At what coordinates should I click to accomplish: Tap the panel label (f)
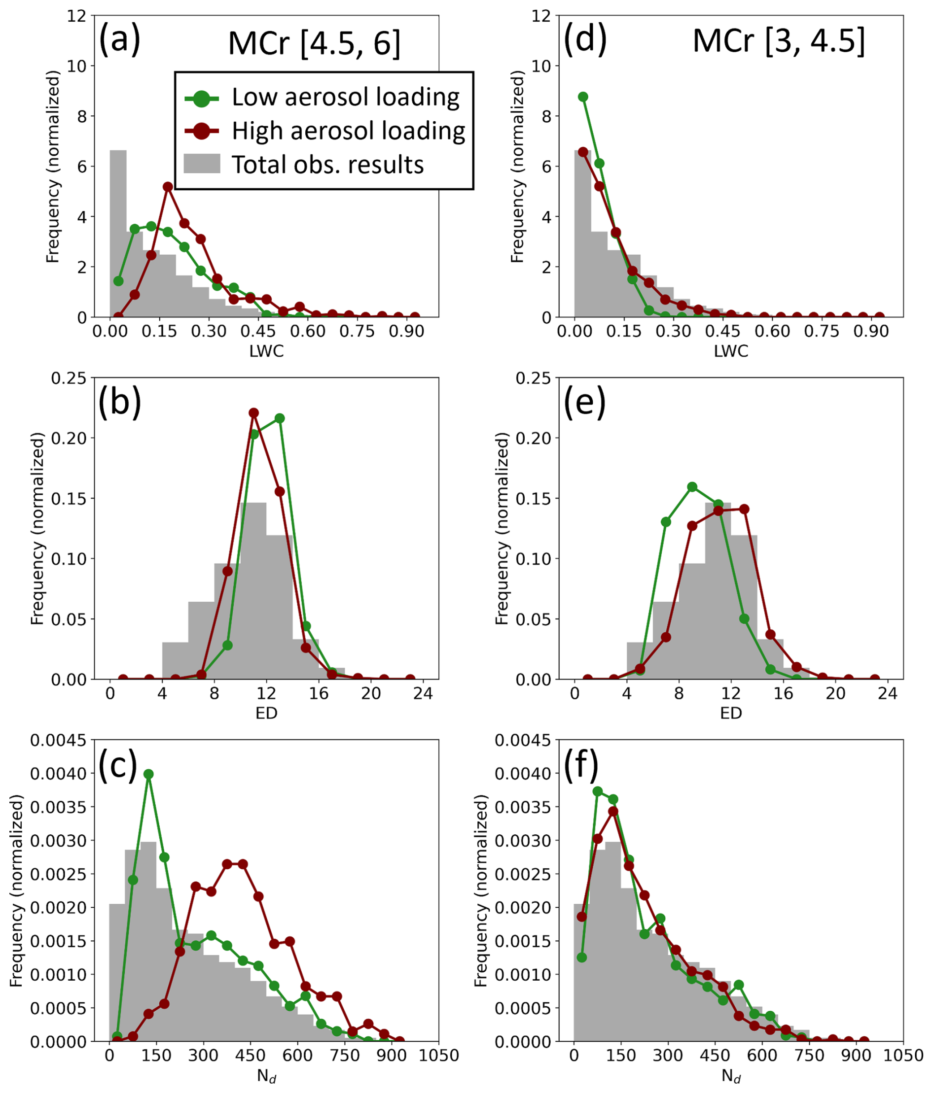click(x=581, y=764)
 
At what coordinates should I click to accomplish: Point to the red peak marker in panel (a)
click(x=168, y=186)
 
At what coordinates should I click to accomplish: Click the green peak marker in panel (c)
click(x=148, y=774)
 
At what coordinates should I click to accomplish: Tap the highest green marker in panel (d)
click(x=583, y=97)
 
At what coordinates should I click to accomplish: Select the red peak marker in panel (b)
click(x=253, y=412)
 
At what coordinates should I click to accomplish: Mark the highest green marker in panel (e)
click(x=692, y=487)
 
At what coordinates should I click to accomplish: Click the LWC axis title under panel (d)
click(x=731, y=351)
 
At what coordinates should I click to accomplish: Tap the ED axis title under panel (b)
click(x=266, y=713)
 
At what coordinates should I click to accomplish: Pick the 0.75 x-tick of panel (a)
click(x=357, y=331)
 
